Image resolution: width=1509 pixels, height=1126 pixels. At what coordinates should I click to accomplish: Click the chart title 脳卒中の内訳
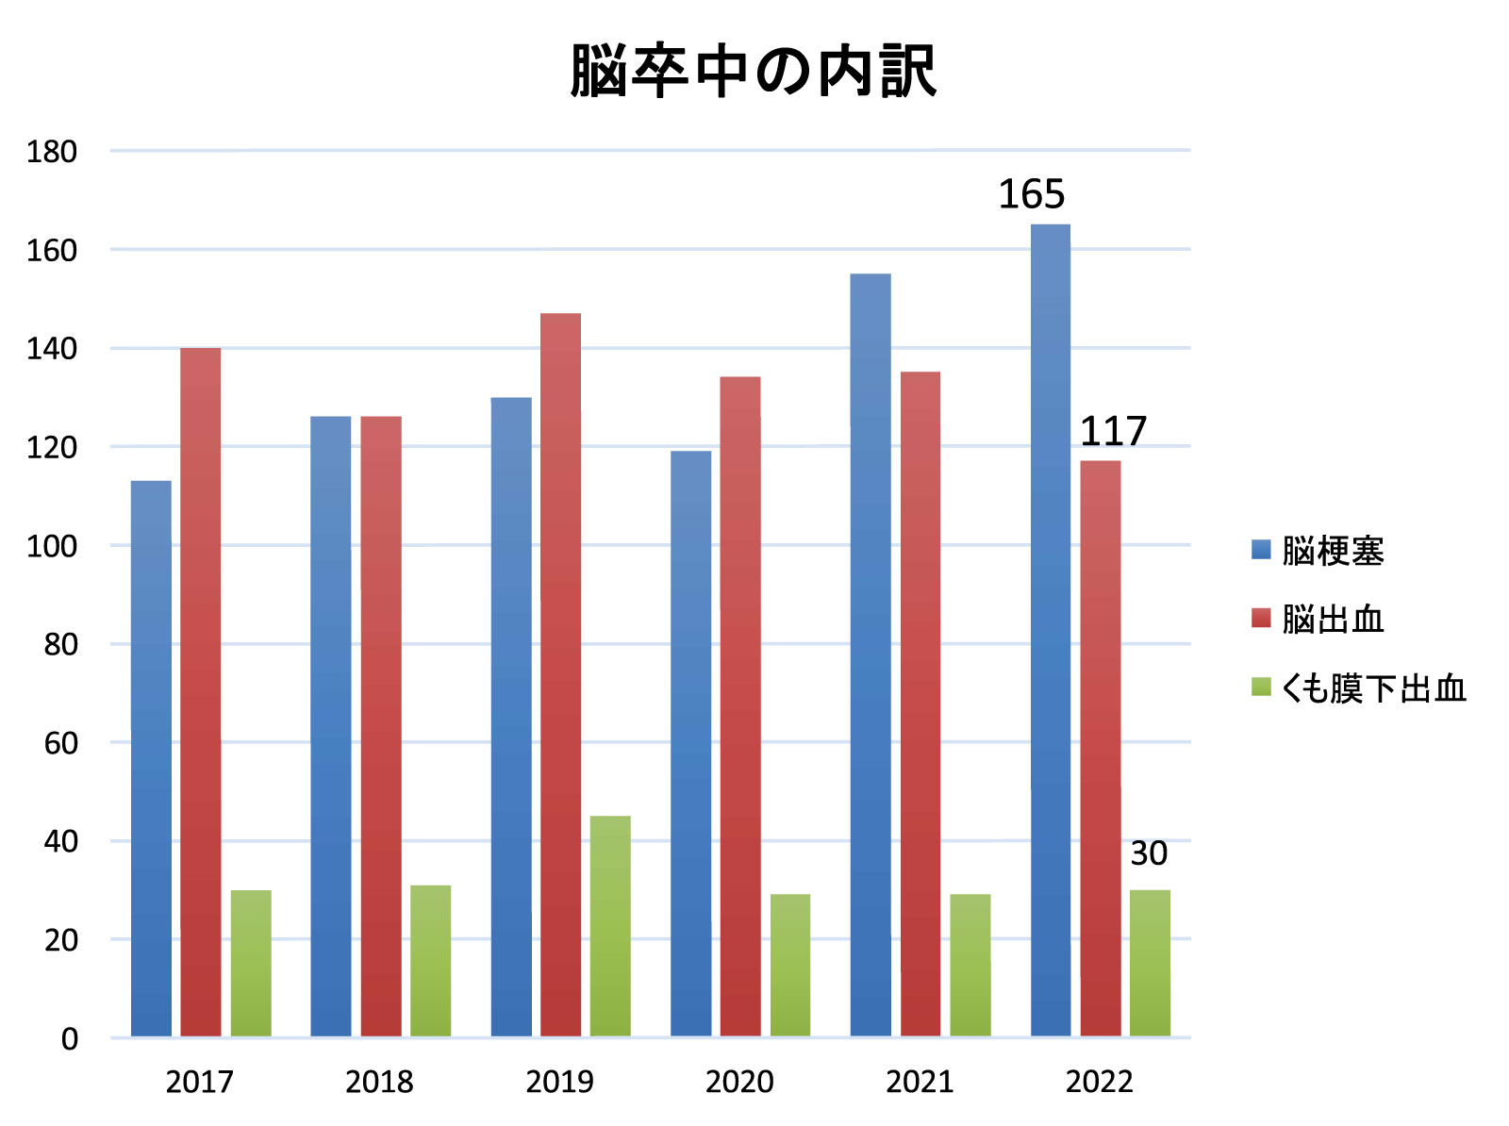click(753, 72)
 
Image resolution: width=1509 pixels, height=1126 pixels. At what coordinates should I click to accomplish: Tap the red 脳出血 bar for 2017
click(201, 692)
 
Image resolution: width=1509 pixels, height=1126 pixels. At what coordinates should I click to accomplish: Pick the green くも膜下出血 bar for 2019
click(610, 926)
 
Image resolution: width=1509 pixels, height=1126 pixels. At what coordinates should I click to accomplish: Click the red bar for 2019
click(560, 675)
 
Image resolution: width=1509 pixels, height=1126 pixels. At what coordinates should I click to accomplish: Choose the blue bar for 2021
click(870, 655)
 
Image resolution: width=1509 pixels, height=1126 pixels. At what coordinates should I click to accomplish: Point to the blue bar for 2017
click(151, 759)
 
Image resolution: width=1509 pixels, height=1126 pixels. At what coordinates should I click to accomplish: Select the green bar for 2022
click(1150, 963)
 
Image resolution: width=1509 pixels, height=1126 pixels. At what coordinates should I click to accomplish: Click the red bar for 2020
click(740, 706)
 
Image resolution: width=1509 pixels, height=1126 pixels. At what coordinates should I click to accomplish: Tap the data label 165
click(1031, 194)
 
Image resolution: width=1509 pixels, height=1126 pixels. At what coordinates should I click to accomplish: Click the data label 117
click(1112, 432)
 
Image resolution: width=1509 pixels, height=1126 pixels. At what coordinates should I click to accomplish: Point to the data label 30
click(1149, 853)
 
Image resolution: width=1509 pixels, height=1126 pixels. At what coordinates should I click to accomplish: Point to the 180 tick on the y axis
click(52, 152)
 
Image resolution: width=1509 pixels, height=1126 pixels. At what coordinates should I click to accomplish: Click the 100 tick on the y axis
click(52, 546)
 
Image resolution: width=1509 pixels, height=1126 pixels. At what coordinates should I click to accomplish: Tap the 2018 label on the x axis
click(379, 1082)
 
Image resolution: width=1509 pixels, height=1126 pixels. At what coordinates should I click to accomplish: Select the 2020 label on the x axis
click(739, 1082)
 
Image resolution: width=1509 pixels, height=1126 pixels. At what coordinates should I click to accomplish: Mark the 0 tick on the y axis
click(69, 1039)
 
